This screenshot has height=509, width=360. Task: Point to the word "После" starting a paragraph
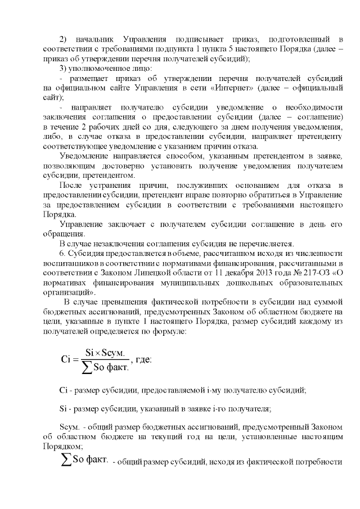(x=71, y=185)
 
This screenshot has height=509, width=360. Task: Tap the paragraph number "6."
(x=62, y=254)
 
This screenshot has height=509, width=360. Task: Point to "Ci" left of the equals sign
(x=65, y=360)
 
